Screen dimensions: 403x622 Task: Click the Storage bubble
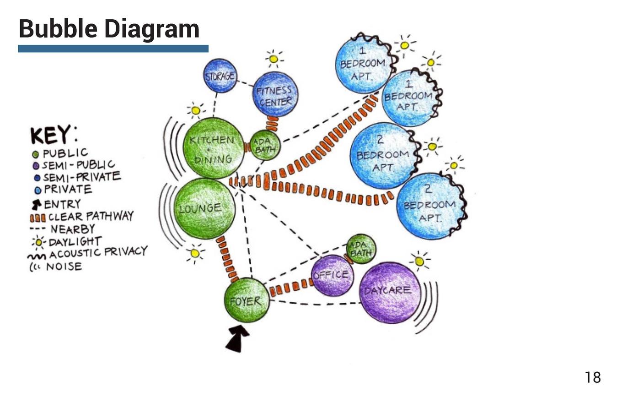tap(220, 76)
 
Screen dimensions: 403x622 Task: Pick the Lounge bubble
tap(204, 209)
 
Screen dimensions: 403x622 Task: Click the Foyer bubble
tap(247, 300)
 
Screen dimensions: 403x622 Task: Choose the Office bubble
tap(332, 275)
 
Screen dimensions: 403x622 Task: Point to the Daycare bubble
tap(390, 292)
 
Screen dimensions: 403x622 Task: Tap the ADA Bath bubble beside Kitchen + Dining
tap(264, 147)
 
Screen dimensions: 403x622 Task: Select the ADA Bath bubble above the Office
tap(361, 249)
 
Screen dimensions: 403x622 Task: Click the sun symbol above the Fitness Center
tap(273, 59)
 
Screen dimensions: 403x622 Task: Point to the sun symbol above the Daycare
tap(419, 261)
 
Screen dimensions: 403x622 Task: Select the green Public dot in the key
tap(35, 154)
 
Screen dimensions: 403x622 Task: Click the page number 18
tap(592, 377)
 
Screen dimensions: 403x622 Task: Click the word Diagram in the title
tap(152, 28)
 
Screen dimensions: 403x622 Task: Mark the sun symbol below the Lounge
tap(195, 253)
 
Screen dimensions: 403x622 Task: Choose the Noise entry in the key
tap(64, 267)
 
